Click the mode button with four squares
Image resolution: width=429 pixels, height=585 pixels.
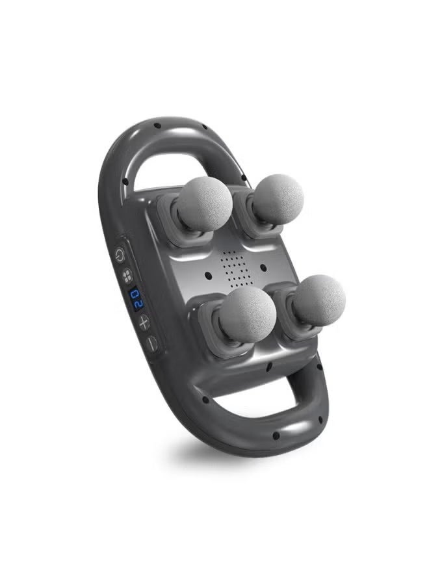click(x=127, y=276)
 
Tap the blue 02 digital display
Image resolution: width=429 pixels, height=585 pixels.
click(x=136, y=298)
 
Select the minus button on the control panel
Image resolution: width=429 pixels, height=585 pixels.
click(x=151, y=343)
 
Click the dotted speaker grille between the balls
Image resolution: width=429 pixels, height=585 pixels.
click(x=234, y=268)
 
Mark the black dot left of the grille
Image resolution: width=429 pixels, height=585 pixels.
click(x=208, y=276)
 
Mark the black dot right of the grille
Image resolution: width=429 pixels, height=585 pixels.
click(x=263, y=267)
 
